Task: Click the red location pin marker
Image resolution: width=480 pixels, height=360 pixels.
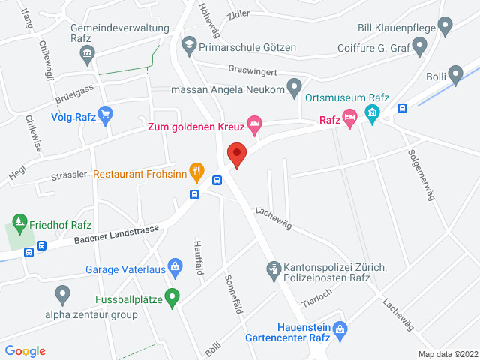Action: click(237, 155)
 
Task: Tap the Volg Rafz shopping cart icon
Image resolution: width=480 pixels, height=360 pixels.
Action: click(106, 115)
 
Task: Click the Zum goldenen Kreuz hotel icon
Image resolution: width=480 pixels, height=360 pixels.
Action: click(255, 125)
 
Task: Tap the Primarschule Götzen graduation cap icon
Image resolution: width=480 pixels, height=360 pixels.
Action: click(189, 45)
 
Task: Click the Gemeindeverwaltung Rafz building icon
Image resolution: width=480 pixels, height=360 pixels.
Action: click(88, 53)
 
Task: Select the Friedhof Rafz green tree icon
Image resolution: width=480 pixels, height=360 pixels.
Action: click(19, 223)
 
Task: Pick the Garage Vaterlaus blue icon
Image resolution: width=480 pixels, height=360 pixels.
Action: click(175, 265)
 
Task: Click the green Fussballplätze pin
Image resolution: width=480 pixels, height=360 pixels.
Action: click(172, 297)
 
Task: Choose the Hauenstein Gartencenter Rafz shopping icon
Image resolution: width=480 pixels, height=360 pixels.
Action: click(340, 328)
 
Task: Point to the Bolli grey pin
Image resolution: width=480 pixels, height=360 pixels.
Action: click(455, 74)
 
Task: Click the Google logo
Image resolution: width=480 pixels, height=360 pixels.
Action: click(25, 350)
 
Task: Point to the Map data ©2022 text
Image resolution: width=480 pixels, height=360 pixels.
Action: click(447, 354)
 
